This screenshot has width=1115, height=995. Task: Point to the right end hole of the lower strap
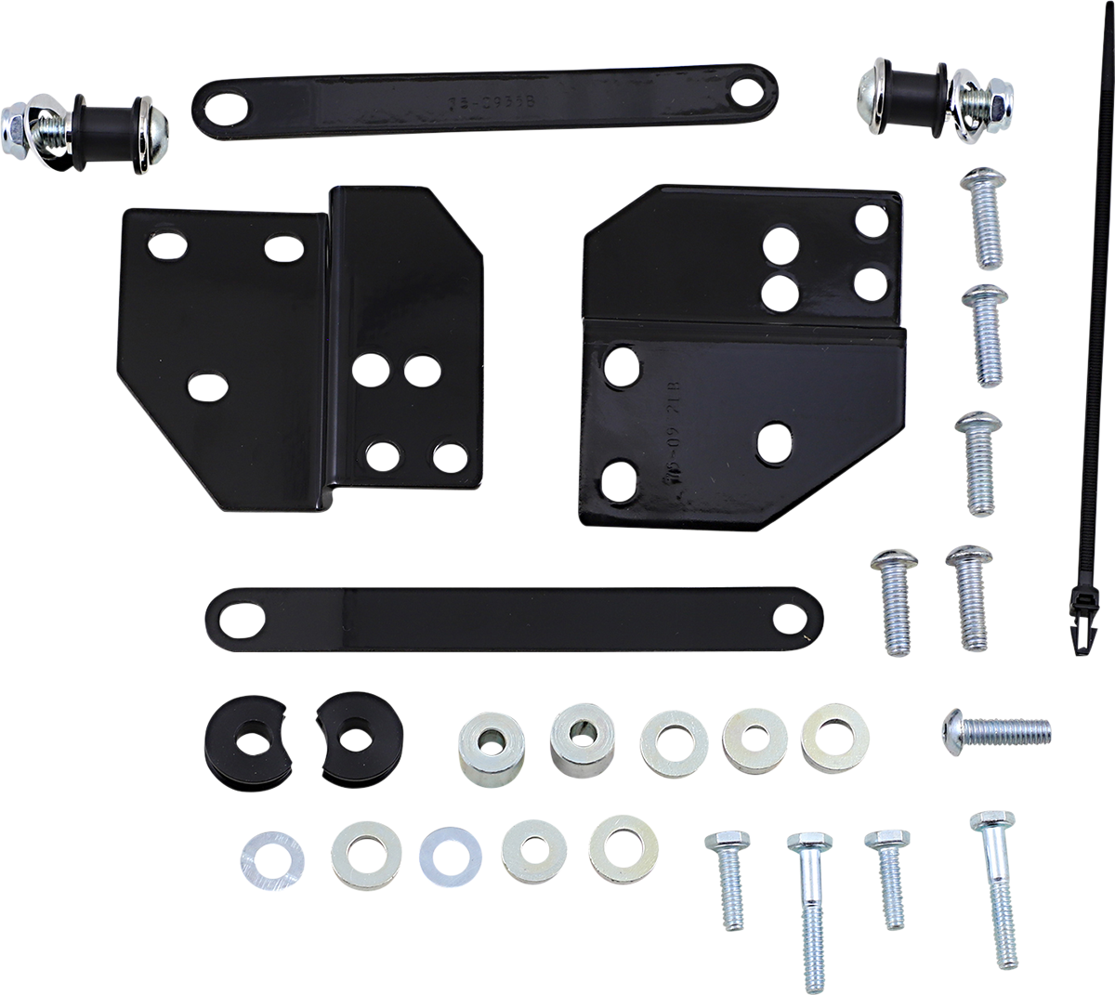(792, 615)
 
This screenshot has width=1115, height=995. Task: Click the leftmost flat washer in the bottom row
(271, 855)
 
